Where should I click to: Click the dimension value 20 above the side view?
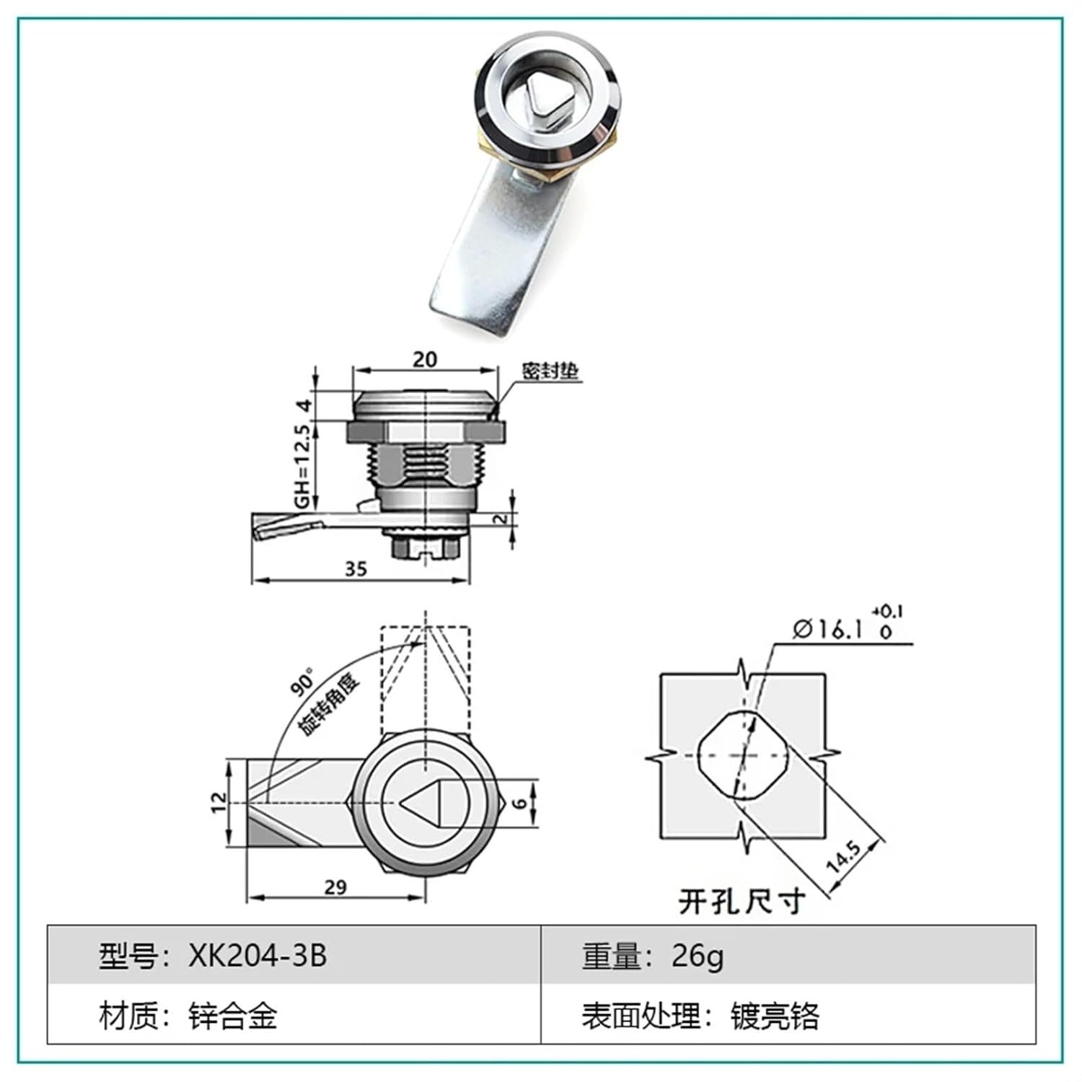[425, 359]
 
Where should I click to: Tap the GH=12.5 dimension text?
[302, 465]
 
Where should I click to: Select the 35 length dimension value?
[356, 569]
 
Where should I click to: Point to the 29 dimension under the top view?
[335, 887]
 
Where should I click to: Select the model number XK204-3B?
[258, 955]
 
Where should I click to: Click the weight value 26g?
[698, 955]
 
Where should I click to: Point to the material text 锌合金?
[232, 1016]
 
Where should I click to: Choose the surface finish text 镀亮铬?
[775, 1016]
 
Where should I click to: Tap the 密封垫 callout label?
[550, 371]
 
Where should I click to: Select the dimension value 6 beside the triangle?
[522, 802]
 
